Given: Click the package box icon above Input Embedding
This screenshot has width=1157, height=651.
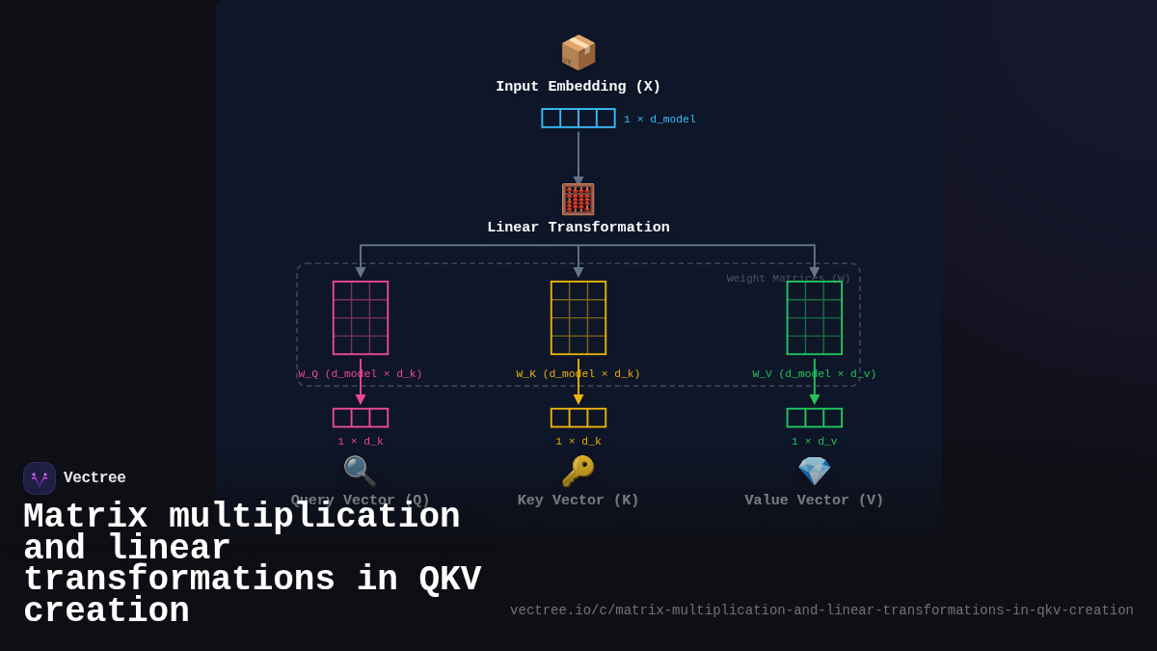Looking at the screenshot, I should (578, 52).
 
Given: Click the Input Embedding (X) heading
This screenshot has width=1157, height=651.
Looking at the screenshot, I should (578, 87).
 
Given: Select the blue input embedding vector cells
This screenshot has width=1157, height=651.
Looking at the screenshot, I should (578, 118).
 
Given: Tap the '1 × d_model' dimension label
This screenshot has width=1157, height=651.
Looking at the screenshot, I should (659, 120).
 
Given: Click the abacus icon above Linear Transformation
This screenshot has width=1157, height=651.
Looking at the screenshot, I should (578, 200).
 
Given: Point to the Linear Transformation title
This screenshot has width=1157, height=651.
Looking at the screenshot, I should (578, 228).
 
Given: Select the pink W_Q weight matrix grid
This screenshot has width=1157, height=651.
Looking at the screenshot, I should (361, 317).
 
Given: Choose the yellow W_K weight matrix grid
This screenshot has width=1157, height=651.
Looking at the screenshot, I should (578, 317).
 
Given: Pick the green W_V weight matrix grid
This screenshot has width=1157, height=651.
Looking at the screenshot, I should (815, 317).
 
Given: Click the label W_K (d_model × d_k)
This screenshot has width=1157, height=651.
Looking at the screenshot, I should (578, 374).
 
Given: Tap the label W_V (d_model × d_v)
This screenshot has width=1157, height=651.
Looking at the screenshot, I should (815, 374).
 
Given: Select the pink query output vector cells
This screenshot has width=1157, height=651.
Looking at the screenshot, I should (361, 418).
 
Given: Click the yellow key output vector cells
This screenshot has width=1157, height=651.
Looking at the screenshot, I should (578, 418).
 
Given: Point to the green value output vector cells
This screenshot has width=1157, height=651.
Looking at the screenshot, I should (815, 418).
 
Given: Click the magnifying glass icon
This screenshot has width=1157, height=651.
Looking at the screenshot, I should (360, 471).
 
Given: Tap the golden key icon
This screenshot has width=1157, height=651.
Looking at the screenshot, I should (578, 471).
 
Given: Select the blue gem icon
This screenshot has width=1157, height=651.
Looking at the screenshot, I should (815, 471).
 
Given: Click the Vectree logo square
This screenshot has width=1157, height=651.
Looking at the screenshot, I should (40, 478).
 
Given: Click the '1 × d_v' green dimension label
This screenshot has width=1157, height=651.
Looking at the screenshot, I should (815, 442).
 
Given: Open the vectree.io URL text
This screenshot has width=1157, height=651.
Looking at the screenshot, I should (821, 610).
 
